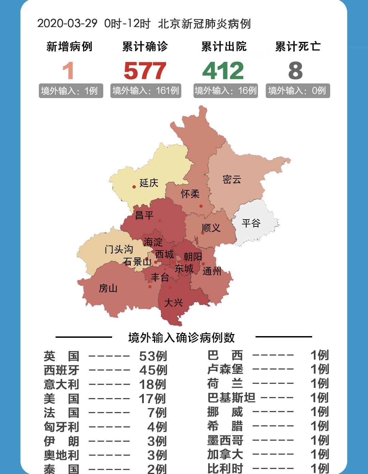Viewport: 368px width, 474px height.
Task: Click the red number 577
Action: point(145,71)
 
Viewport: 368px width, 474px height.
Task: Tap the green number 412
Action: point(223,71)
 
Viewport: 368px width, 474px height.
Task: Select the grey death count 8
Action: point(295,71)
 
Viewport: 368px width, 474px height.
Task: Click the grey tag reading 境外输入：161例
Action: point(145,91)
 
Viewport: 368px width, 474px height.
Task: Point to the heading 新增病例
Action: point(70,47)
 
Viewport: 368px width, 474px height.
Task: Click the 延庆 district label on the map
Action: point(149,183)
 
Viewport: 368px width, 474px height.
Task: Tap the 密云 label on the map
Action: point(232,179)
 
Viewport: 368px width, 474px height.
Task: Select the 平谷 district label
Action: point(251,223)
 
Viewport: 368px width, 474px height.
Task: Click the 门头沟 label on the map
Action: point(119,249)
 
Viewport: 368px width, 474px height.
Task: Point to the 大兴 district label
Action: point(173,302)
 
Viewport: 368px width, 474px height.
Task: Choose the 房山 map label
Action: point(108,288)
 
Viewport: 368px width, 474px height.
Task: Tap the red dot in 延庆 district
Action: point(134,187)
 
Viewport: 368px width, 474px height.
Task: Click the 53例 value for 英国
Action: point(153,356)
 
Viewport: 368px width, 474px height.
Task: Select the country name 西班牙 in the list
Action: point(62,370)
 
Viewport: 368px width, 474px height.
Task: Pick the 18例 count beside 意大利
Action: point(153,384)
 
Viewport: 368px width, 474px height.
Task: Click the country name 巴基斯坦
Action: point(231,397)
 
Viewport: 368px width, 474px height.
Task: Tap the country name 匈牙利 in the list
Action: point(62,427)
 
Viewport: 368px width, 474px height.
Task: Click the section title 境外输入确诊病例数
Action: point(182,337)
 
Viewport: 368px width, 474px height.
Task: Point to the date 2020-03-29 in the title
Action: point(67,23)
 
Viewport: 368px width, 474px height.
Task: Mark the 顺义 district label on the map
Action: point(211,228)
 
